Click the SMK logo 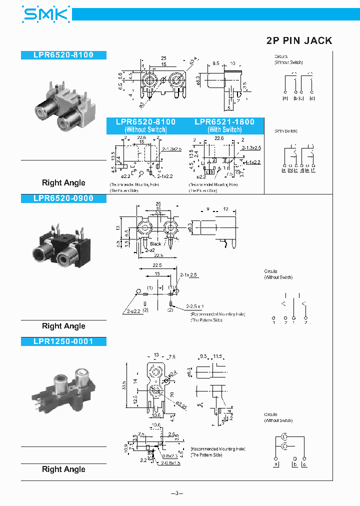[x=45, y=14]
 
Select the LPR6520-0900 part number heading [x=63, y=198]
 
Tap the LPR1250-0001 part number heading [x=63, y=341]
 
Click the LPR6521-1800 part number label [x=224, y=122]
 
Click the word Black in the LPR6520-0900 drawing [x=155, y=244]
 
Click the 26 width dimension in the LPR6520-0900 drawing [x=158, y=203]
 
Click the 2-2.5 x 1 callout [x=195, y=306]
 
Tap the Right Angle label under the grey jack [x=63, y=183]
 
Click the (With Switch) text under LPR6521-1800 [x=224, y=129]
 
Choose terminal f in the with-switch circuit [x=313, y=171]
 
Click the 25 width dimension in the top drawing [x=163, y=58]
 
